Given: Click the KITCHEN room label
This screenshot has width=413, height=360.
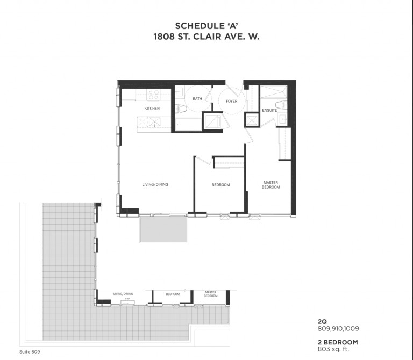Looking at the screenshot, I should click(x=152, y=109).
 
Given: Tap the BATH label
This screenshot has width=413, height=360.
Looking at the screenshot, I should click(x=197, y=99).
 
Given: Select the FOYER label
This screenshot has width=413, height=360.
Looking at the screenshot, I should click(x=231, y=101).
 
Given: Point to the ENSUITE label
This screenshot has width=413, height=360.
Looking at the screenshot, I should click(x=269, y=110).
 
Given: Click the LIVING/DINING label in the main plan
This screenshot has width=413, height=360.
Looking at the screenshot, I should click(x=155, y=185).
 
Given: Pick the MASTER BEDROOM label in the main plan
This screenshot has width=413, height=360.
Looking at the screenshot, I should click(x=270, y=185).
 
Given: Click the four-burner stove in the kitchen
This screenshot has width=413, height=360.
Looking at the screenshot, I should click(x=153, y=96).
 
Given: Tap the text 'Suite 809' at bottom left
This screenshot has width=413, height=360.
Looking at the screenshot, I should click(x=30, y=352).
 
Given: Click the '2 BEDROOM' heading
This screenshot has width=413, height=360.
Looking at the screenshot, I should click(x=337, y=342).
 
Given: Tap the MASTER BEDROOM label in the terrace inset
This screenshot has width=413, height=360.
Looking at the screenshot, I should click(x=210, y=294).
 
